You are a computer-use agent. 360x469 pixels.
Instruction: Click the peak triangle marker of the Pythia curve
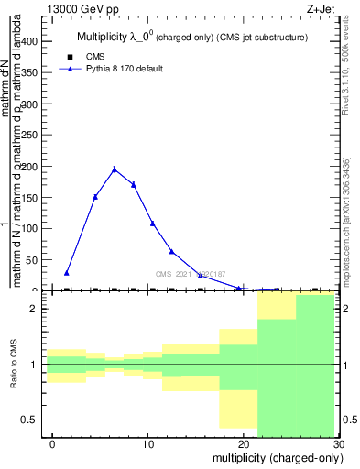[x=115, y=169]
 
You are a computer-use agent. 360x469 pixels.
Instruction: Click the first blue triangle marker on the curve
[x=67, y=272]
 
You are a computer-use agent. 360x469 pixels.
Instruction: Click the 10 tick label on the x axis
[x=148, y=443]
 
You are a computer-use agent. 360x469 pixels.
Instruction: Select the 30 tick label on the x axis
[x=338, y=443]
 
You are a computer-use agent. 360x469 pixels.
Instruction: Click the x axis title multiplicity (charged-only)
[x=273, y=457]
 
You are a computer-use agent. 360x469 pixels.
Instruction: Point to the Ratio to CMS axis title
[x=14, y=365]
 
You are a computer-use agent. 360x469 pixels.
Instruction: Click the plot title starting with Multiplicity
[x=191, y=38]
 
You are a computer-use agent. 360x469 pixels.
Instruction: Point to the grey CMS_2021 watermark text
[x=190, y=274]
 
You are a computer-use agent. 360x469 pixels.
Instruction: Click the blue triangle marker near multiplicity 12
[x=171, y=251]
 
